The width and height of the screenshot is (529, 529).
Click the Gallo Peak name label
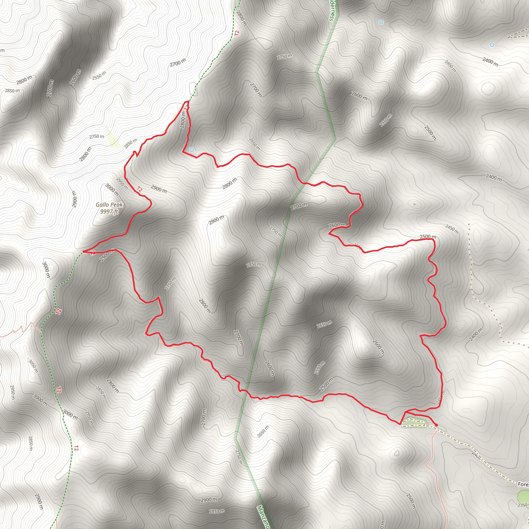(109, 205)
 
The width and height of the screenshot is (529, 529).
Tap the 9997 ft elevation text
(109, 211)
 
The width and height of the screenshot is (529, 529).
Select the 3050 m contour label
(33, 366)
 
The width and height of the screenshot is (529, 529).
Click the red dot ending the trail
(436, 425)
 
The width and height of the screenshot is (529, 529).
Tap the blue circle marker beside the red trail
(192, 150)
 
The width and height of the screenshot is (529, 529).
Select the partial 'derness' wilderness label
(332, 11)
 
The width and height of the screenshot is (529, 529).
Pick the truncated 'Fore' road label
(523, 484)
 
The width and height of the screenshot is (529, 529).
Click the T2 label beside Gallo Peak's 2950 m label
(140, 189)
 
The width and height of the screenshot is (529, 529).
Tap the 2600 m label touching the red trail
(337, 225)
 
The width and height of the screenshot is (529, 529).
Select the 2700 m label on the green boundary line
(299, 206)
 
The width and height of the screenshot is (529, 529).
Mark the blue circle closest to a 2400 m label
(492, 45)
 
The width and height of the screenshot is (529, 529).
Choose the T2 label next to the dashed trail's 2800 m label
(237, 33)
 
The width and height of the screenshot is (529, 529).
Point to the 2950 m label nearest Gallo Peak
(122, 183)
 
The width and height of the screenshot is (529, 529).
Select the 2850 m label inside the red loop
(254, 264)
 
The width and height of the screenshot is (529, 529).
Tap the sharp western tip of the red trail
(83, 251)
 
